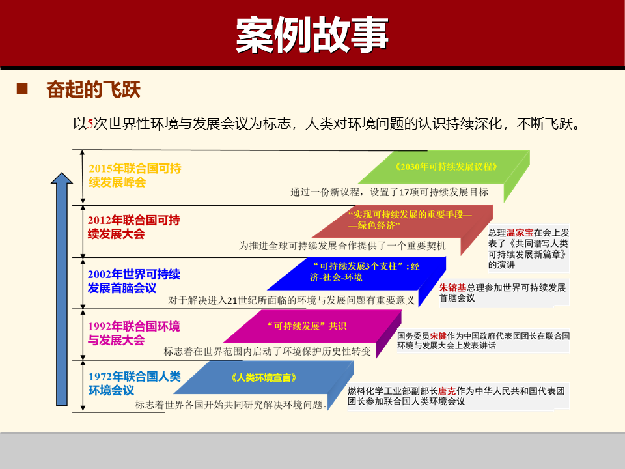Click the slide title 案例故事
(312, 34)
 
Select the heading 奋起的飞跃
(93, 89)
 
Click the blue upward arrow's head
(62, 179)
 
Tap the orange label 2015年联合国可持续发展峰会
(134, 175)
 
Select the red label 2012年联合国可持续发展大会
(133, 227)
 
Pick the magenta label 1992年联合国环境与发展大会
(133, 333)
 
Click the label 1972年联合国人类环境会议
(133, 383)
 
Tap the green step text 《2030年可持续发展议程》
(446, 166)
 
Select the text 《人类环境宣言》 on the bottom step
(264, 377)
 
